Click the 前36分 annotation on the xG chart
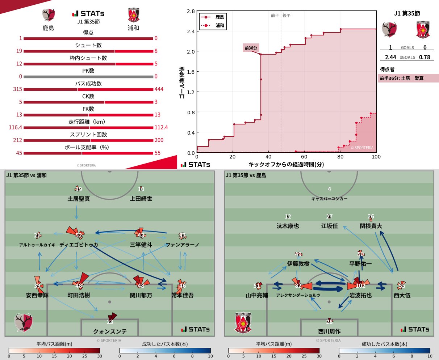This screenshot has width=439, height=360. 251,48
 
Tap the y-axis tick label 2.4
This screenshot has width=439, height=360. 191,31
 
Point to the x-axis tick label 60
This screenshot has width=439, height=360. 304,157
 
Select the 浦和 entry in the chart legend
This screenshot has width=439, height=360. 220,25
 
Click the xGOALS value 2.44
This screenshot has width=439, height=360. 390,57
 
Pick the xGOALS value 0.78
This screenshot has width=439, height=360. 425,57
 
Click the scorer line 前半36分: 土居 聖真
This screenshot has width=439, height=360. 401,78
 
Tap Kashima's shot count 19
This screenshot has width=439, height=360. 19,51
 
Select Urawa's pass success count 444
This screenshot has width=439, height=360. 159,89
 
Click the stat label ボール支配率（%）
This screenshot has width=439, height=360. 88,147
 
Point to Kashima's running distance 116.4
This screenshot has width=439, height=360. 16,127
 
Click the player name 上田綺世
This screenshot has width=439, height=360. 141,199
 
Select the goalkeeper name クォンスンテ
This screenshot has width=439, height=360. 110,331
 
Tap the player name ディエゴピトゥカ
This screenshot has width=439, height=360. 79,245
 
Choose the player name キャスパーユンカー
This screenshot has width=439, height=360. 329,199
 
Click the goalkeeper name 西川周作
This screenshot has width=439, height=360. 329,331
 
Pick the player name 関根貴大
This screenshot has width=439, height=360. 371,226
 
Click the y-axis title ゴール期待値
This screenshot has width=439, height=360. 182,82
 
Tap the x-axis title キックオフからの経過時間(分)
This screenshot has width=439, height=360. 286,164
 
